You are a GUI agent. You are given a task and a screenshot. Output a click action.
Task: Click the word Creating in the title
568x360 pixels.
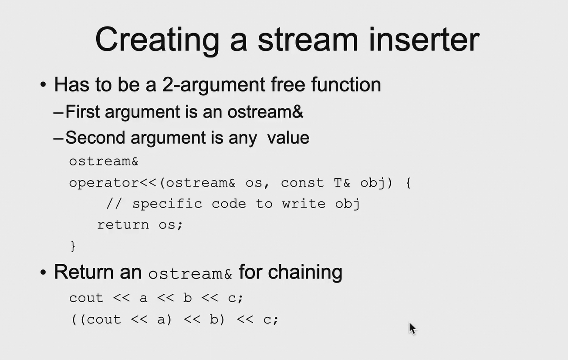[x=157, y=40]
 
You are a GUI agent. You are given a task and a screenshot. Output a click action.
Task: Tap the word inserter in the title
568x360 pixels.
[x=424, y=40]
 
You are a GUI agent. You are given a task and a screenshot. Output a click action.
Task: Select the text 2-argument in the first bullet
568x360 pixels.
[x=213, y=85]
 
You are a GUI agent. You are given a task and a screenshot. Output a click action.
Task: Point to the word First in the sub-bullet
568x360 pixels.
[x=83, y=111]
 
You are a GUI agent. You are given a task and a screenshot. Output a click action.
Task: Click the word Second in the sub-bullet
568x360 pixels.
[x=95, y=138]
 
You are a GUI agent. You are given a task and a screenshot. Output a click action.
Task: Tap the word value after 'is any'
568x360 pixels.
[x=288, y=138]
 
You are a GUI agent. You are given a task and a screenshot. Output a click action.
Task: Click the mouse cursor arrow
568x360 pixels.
[x=412, y=328]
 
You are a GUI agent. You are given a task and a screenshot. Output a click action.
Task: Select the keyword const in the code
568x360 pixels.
[x=302, y=183]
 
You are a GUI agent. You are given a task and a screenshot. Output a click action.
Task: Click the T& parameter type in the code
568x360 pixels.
[x=342, y=183]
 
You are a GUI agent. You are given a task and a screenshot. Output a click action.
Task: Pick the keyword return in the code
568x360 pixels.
[x=123, y=225]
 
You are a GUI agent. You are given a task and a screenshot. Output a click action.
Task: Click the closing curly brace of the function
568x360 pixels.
[x=73, y=246]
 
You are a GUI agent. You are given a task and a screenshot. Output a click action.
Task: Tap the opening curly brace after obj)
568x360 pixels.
[x=408, y=183]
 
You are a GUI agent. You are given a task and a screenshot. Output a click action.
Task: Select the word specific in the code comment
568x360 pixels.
[x=167, y=204]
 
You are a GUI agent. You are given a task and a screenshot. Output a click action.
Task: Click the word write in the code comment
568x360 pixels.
[x=304, y=204]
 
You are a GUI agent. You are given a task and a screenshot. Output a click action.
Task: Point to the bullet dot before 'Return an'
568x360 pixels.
[x=43, y=273]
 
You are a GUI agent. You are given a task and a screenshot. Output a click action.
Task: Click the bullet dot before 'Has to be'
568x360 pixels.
[x=43, y=84]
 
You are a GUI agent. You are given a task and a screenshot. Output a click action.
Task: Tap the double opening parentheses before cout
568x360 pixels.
[x=79, y=320]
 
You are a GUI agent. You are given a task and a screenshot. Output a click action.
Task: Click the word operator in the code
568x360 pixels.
[x=104, y=183]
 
